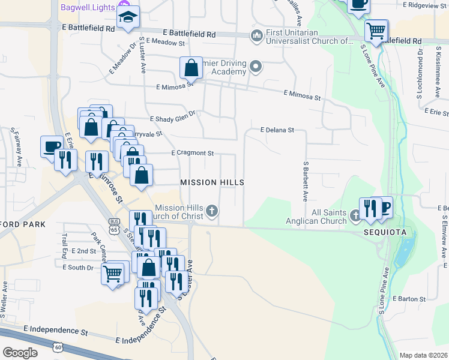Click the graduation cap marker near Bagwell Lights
click(128, 17)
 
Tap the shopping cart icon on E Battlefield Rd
click(376, 29)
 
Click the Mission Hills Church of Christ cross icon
click(211, 211)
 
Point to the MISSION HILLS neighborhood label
click(212, 182)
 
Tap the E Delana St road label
click(277, 130)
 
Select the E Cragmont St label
click(192, 153)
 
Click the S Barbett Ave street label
click(306, 180)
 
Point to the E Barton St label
click(409, 298)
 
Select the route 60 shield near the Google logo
click(58, 347)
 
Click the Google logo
click(20, 353)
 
